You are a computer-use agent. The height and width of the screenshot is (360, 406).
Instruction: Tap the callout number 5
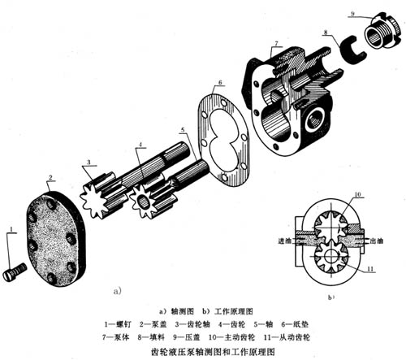[x=182, y=130]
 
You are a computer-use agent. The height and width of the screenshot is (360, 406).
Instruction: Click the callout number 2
[x=50, y=176]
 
